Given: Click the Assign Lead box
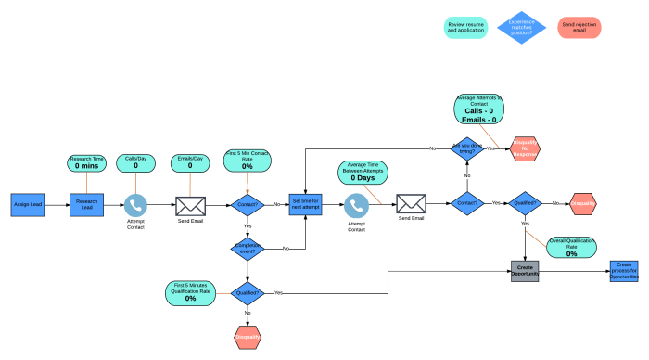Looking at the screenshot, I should [x=28, y=204].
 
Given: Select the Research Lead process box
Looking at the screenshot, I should [x=86, y=204].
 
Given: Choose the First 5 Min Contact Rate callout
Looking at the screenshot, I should [x=248, y=161].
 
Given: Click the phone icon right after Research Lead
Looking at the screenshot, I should [x=136, y=204].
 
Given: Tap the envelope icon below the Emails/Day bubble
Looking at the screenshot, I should [x=191, y=204].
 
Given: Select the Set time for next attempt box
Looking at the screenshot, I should [x=305, y=204].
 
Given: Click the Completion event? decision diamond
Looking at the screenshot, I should [x=248, y=248].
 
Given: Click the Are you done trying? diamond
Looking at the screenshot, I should [x=466, y=148].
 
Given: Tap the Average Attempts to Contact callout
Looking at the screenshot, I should [x=480, y=109].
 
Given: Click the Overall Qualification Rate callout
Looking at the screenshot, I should [x=571, y=247].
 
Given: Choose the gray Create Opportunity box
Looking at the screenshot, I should [x=525, y=271].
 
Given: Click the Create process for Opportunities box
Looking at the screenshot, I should [x=624, y=271].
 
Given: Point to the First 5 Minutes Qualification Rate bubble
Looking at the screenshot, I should [x=190, y=292].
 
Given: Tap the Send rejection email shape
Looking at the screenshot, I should [x=579, y=28].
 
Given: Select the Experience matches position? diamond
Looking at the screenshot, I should [x=523, y=28].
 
